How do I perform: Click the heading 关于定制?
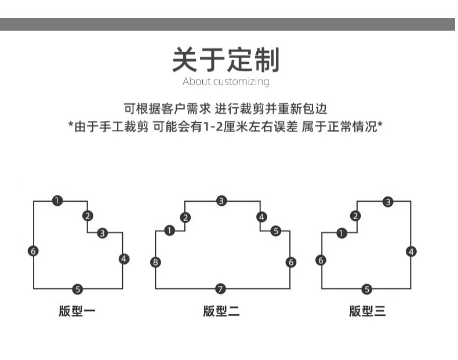click(226, 60)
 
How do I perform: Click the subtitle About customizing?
click(226, 81)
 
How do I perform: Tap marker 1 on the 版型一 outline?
click(57, 201)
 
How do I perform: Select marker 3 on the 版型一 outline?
click(103, 233)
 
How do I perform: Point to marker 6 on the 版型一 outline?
click(33, 251)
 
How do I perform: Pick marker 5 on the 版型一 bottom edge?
click(78, 289)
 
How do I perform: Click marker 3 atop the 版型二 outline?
click(221, 201)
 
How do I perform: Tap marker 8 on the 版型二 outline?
click(155, 262)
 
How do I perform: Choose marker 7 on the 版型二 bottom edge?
click(220, 289)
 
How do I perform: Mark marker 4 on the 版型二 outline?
click(262, 217)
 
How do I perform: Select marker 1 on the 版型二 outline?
click(169, 231)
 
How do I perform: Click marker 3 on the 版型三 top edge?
click(388, 202)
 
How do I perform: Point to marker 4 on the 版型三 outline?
click(412, 251)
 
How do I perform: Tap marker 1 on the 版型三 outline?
click(342, 233)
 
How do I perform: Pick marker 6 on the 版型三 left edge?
click(321, 260)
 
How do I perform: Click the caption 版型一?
click(77, 311)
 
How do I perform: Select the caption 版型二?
click(221, 311)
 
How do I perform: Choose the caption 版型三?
click(367, 311)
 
